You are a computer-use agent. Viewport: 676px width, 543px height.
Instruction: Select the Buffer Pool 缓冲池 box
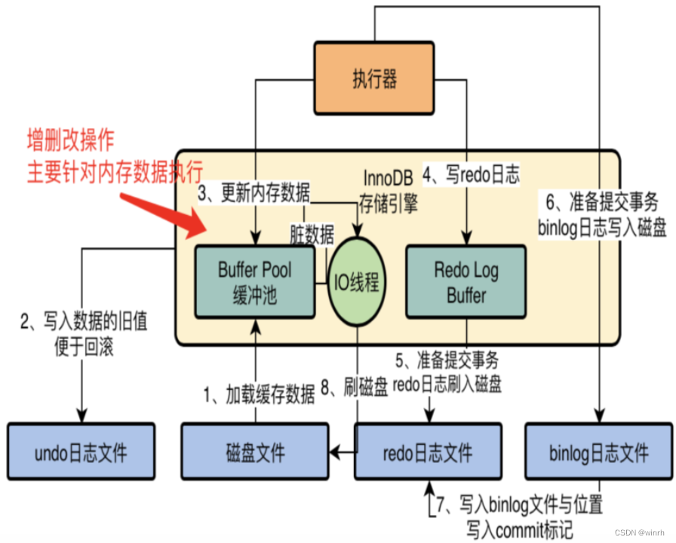coord(254,282)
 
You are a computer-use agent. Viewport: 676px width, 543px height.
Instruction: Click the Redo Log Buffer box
coord(466,282)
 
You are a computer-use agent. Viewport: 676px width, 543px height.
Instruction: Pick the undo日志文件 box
coord(81,452)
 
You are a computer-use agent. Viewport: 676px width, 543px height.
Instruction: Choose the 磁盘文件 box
coord(255,452)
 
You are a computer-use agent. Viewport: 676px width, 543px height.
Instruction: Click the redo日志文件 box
coord(428,452)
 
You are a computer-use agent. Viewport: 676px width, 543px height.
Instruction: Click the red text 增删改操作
coord(72,140)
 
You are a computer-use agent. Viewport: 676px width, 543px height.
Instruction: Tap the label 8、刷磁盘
coord(355,387)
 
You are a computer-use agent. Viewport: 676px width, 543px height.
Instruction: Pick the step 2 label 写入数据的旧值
coord(84,323)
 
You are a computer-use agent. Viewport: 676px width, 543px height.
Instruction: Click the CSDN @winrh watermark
coord(644,532)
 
